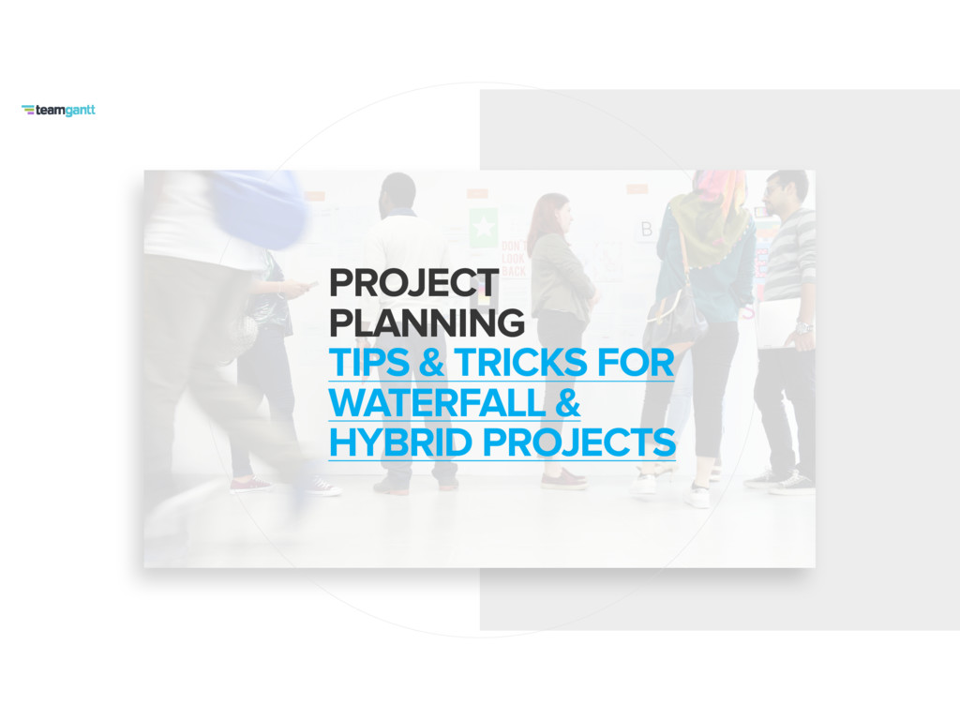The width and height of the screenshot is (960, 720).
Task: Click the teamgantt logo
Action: pos(58,111)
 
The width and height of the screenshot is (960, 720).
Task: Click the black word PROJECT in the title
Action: pos(413,283)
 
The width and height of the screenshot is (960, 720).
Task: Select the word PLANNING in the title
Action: pos(427,322)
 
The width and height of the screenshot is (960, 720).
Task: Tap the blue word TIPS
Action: pos(368,363)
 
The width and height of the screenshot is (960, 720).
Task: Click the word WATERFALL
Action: pos(437,402)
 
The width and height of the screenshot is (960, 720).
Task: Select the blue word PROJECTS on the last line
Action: pos(579,442)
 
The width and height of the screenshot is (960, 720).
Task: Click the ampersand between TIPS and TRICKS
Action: pos(431,363)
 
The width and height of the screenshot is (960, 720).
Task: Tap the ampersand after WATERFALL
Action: pos(567,402)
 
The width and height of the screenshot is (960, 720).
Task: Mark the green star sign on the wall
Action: pos(483,227)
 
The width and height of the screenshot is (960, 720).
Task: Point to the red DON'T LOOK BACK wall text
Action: pos(514,259)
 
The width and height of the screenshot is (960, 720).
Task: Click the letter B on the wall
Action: pos(647,229)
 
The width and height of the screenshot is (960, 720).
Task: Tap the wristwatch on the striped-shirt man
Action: pos(803,327)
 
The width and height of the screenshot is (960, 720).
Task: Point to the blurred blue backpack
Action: pos(261,208)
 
